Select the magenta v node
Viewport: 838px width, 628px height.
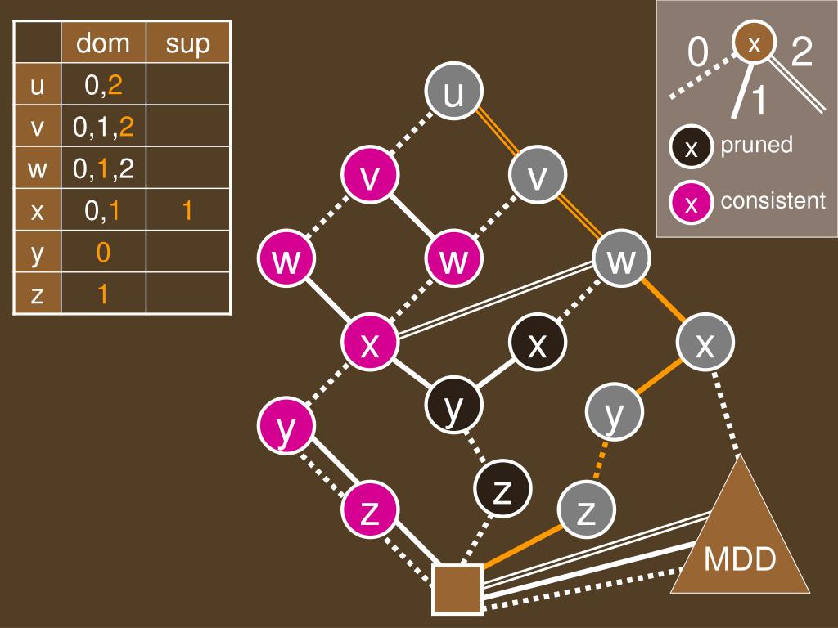370,177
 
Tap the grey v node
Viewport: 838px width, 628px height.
538,177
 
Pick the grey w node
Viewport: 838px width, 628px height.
622,260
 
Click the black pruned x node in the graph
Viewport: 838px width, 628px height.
538,344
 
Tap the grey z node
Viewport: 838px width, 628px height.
586,512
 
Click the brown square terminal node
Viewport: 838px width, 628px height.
457,588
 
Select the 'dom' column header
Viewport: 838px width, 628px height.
103,43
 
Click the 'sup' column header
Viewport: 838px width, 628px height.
187,43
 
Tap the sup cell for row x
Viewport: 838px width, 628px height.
187,211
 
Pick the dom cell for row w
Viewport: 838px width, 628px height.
103,169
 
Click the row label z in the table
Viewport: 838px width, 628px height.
37,294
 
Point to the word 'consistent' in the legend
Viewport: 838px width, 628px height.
773,201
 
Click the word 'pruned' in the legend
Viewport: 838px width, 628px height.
756,145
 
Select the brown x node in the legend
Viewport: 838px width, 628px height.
755,43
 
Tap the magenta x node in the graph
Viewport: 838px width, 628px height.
370,344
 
